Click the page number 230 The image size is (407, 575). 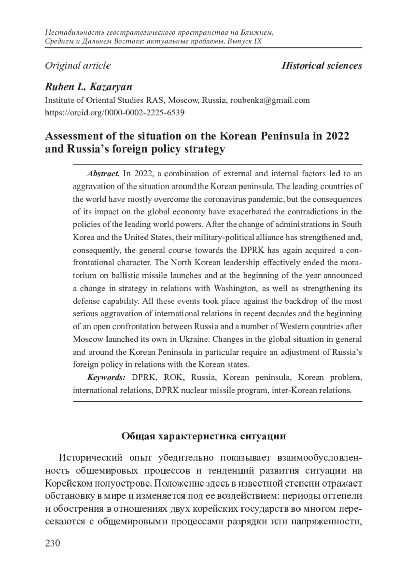(53, 543)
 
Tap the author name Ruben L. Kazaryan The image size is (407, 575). (89, 87)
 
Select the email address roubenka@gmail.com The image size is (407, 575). (270, 100)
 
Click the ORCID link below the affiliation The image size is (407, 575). (115, 112)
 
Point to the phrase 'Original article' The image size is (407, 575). (78, 65)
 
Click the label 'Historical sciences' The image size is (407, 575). (322, 65)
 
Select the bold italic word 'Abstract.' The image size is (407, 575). (103, 174)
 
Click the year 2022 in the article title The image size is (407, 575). (337, 136)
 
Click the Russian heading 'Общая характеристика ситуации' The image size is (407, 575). (203, 436)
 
